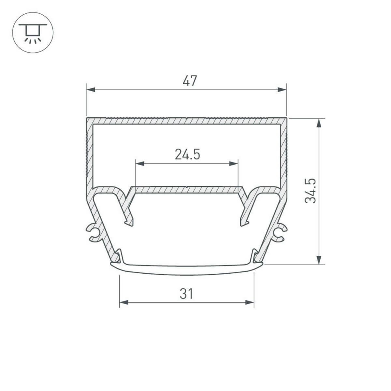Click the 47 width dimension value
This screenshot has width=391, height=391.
point(190,81)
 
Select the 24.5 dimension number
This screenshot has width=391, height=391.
point(187,154)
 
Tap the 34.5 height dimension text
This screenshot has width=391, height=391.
point(311,191)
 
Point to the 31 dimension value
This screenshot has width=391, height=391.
point(186,294)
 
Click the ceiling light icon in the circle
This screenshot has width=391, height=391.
point(33,33)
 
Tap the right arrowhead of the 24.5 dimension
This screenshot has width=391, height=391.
point(234,163)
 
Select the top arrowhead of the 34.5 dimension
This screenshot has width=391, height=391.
point(320,123)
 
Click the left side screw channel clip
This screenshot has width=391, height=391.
point(93,233)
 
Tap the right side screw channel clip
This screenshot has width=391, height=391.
point(280,233)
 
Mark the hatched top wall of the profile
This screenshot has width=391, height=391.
point(186,121)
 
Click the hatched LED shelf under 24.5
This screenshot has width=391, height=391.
point(186,189)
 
